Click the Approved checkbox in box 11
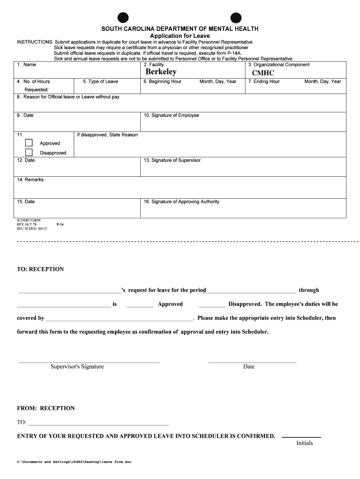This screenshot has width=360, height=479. tap(29, 143)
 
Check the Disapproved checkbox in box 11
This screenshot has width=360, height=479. tap(29, 152)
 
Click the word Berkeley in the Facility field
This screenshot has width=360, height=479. tap(161, 72)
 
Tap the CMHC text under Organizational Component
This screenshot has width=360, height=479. tap(263, 73)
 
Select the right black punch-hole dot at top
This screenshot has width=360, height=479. tap(236, 17)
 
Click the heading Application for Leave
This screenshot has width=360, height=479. tap(180, 36)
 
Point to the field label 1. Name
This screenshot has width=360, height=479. tap(26, 65)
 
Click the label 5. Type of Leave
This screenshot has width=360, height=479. tap(101, 81)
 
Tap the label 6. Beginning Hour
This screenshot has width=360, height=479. tap(162, 81)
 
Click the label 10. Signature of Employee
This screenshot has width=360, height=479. tap(171, 115)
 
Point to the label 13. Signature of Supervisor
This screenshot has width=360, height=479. tap(172, 160)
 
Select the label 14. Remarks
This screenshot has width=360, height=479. tap(31, 180)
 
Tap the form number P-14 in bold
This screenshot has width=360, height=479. tap(60, 225)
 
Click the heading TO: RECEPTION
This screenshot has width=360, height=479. tap(40, 269)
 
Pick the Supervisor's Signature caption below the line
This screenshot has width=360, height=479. tap(77, 367)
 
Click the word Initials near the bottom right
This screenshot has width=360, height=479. tap(304, 443)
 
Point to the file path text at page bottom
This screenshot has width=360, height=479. tap(74, 462)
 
